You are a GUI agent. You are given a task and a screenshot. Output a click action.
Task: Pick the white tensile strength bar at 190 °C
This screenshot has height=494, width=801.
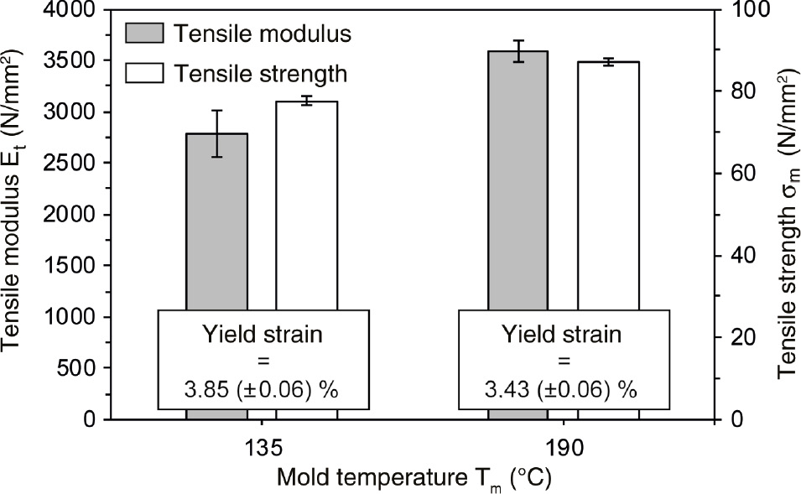point(608,185)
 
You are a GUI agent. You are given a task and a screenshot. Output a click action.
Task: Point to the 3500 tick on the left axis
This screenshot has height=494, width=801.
point(85,60)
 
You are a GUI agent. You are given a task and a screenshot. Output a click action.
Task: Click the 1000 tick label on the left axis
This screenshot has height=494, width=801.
point(85,317)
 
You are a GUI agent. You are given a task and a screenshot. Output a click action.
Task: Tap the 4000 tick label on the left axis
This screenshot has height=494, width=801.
point(85,10)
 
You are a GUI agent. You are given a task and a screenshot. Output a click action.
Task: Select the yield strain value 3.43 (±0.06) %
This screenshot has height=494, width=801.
point(563,391)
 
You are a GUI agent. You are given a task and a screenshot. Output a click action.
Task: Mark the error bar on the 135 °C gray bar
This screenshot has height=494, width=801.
point(216,133)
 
